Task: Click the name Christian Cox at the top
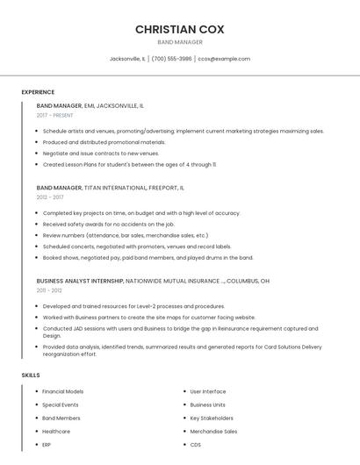click(x=179, y=29)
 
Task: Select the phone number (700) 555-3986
click(x=171, y=59)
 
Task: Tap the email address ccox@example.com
click(x=224, y=59)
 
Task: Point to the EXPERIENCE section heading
click(x=38, y=92)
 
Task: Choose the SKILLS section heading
click(x=31, y=376)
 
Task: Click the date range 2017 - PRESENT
click(x=55, y=115)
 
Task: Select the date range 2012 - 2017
click(x=50, y=197)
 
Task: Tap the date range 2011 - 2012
click(x=49, y=290)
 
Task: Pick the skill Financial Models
click(x=63, y=391)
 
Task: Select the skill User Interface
click(x=208, y=391)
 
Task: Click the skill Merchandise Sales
click(x=213, y=432)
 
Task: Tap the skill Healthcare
click(x=56, y=432)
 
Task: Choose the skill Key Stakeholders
click(x=212, y=418)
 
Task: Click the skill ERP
click(x=47, y=445)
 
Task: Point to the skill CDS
click(x=196, y=445)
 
